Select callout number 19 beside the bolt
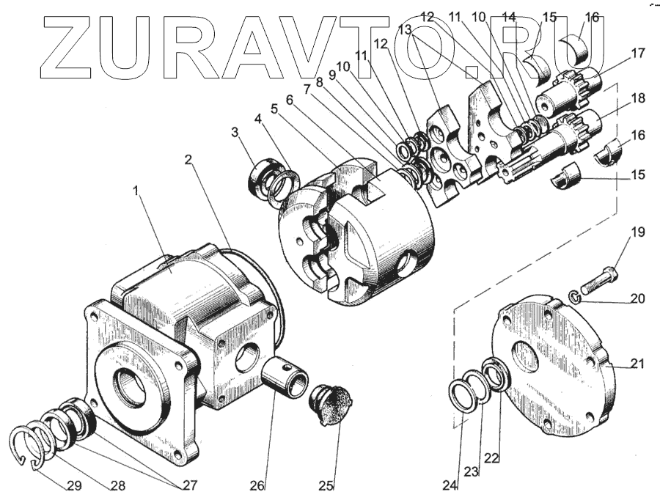click(x=637, y=233)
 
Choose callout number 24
click(x=450, y=485)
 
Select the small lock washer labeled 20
click(x=576, y=296)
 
